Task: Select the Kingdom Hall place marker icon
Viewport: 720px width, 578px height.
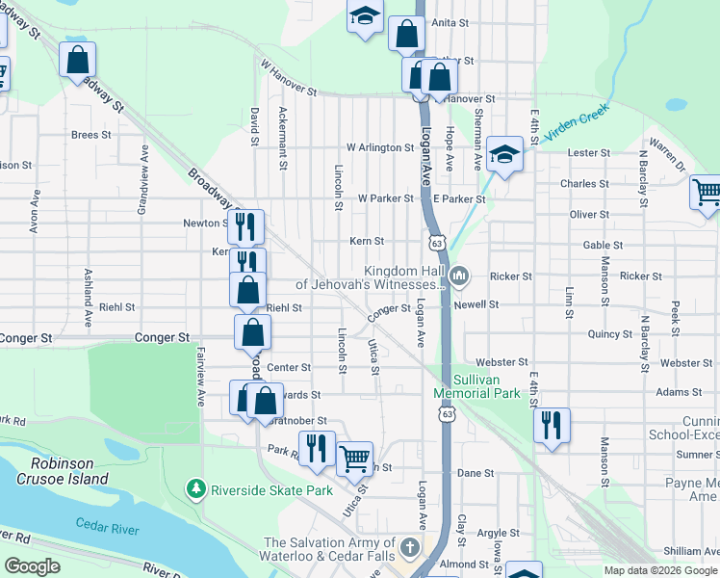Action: click(x=459, y=277)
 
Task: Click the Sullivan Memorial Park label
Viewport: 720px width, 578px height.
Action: click(x=476, y=386)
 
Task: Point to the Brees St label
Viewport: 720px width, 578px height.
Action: click(x=90, y=135)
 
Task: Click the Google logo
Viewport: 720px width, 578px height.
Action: click(x=32, y=566)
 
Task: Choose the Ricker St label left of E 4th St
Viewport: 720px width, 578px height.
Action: click(x=510, y=276)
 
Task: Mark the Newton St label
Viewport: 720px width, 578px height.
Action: click(x=203, y=223)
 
